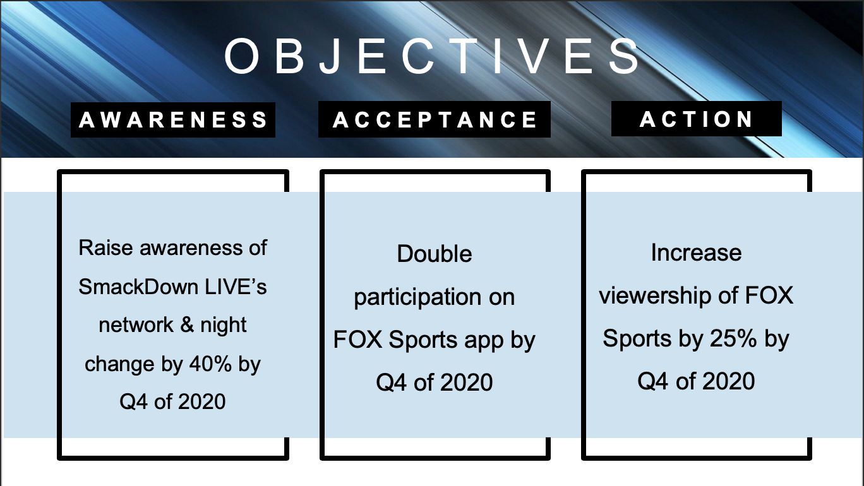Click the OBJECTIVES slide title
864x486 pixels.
click(x=432, y=56)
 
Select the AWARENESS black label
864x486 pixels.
click(x=173, y=120)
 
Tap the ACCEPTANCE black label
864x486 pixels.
click(x=435, y=119)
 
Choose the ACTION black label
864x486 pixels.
click(x=697, y=119)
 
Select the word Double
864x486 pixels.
click(x=435, y=254)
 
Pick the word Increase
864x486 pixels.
click(x=696, y=253)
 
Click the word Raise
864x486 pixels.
click(x=105, y=247)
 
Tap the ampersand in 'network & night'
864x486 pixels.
click(x=187, y=324)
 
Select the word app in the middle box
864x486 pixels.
click(x=484, y=341)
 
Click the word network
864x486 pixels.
click(x=136, y=324)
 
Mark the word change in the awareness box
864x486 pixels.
click(x=119, y=365)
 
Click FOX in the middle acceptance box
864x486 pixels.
click(x=357, y=340)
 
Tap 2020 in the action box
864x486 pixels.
click(x=728, y=381)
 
